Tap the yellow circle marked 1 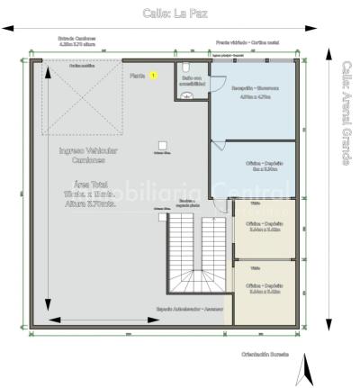(153, 76)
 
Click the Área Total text (87, 184)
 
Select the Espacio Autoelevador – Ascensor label (189, 309)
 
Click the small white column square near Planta (161, 144)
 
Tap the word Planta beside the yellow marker (137, 76)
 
